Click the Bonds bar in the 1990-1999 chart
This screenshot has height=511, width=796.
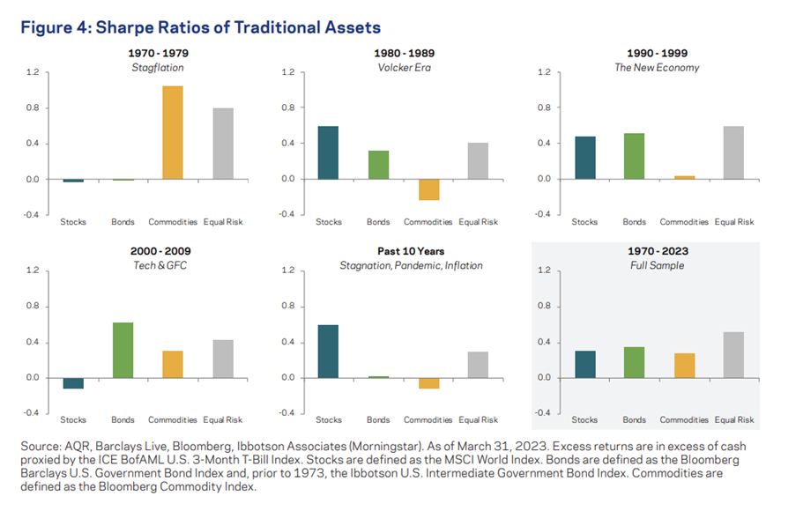tap(635, 156)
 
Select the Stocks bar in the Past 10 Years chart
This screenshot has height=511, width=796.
tap(328, 351)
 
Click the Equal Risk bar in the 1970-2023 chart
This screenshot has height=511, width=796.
tap(733, 354)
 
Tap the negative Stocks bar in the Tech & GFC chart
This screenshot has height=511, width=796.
tap(73, 382)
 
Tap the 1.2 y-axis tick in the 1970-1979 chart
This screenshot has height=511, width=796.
tap(33, 71)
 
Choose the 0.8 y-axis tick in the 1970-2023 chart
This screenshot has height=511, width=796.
tap(544, 306)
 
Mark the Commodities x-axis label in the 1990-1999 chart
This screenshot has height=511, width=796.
tap(684, 222)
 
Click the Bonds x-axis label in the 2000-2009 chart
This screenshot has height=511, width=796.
tap(123, 420)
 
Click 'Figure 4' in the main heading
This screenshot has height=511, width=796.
tap(56, 27)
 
